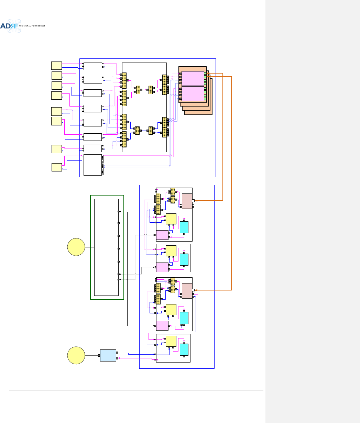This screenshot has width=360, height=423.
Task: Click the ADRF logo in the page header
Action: [10, 26]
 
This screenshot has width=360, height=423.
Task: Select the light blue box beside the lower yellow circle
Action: [108, 355]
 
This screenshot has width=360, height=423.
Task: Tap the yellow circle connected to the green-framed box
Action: [76, 247]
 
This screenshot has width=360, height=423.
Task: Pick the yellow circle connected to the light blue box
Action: [76, 355]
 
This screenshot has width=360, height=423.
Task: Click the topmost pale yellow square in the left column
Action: [56, 65]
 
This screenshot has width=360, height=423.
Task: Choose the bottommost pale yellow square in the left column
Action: [56, 167]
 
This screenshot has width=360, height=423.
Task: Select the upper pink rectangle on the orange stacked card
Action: [193, 78]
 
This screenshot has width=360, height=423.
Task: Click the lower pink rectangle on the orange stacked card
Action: [193, 93]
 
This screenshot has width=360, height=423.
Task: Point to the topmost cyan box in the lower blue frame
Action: [184, 227]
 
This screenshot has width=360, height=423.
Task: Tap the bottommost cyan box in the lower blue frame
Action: [184, 349]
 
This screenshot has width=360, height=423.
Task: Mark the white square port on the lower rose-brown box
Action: [193, 290]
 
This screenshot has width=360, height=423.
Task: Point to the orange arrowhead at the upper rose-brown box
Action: [196, 201]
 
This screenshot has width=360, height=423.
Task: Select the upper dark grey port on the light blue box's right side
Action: [117, 353]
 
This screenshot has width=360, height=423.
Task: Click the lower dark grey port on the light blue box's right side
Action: [117, 358]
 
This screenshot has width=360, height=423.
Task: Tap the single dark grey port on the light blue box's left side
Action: [99, 355]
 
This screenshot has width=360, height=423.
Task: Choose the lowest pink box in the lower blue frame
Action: [162, 325]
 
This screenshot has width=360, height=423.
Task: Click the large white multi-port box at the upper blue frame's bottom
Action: [92, 165]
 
